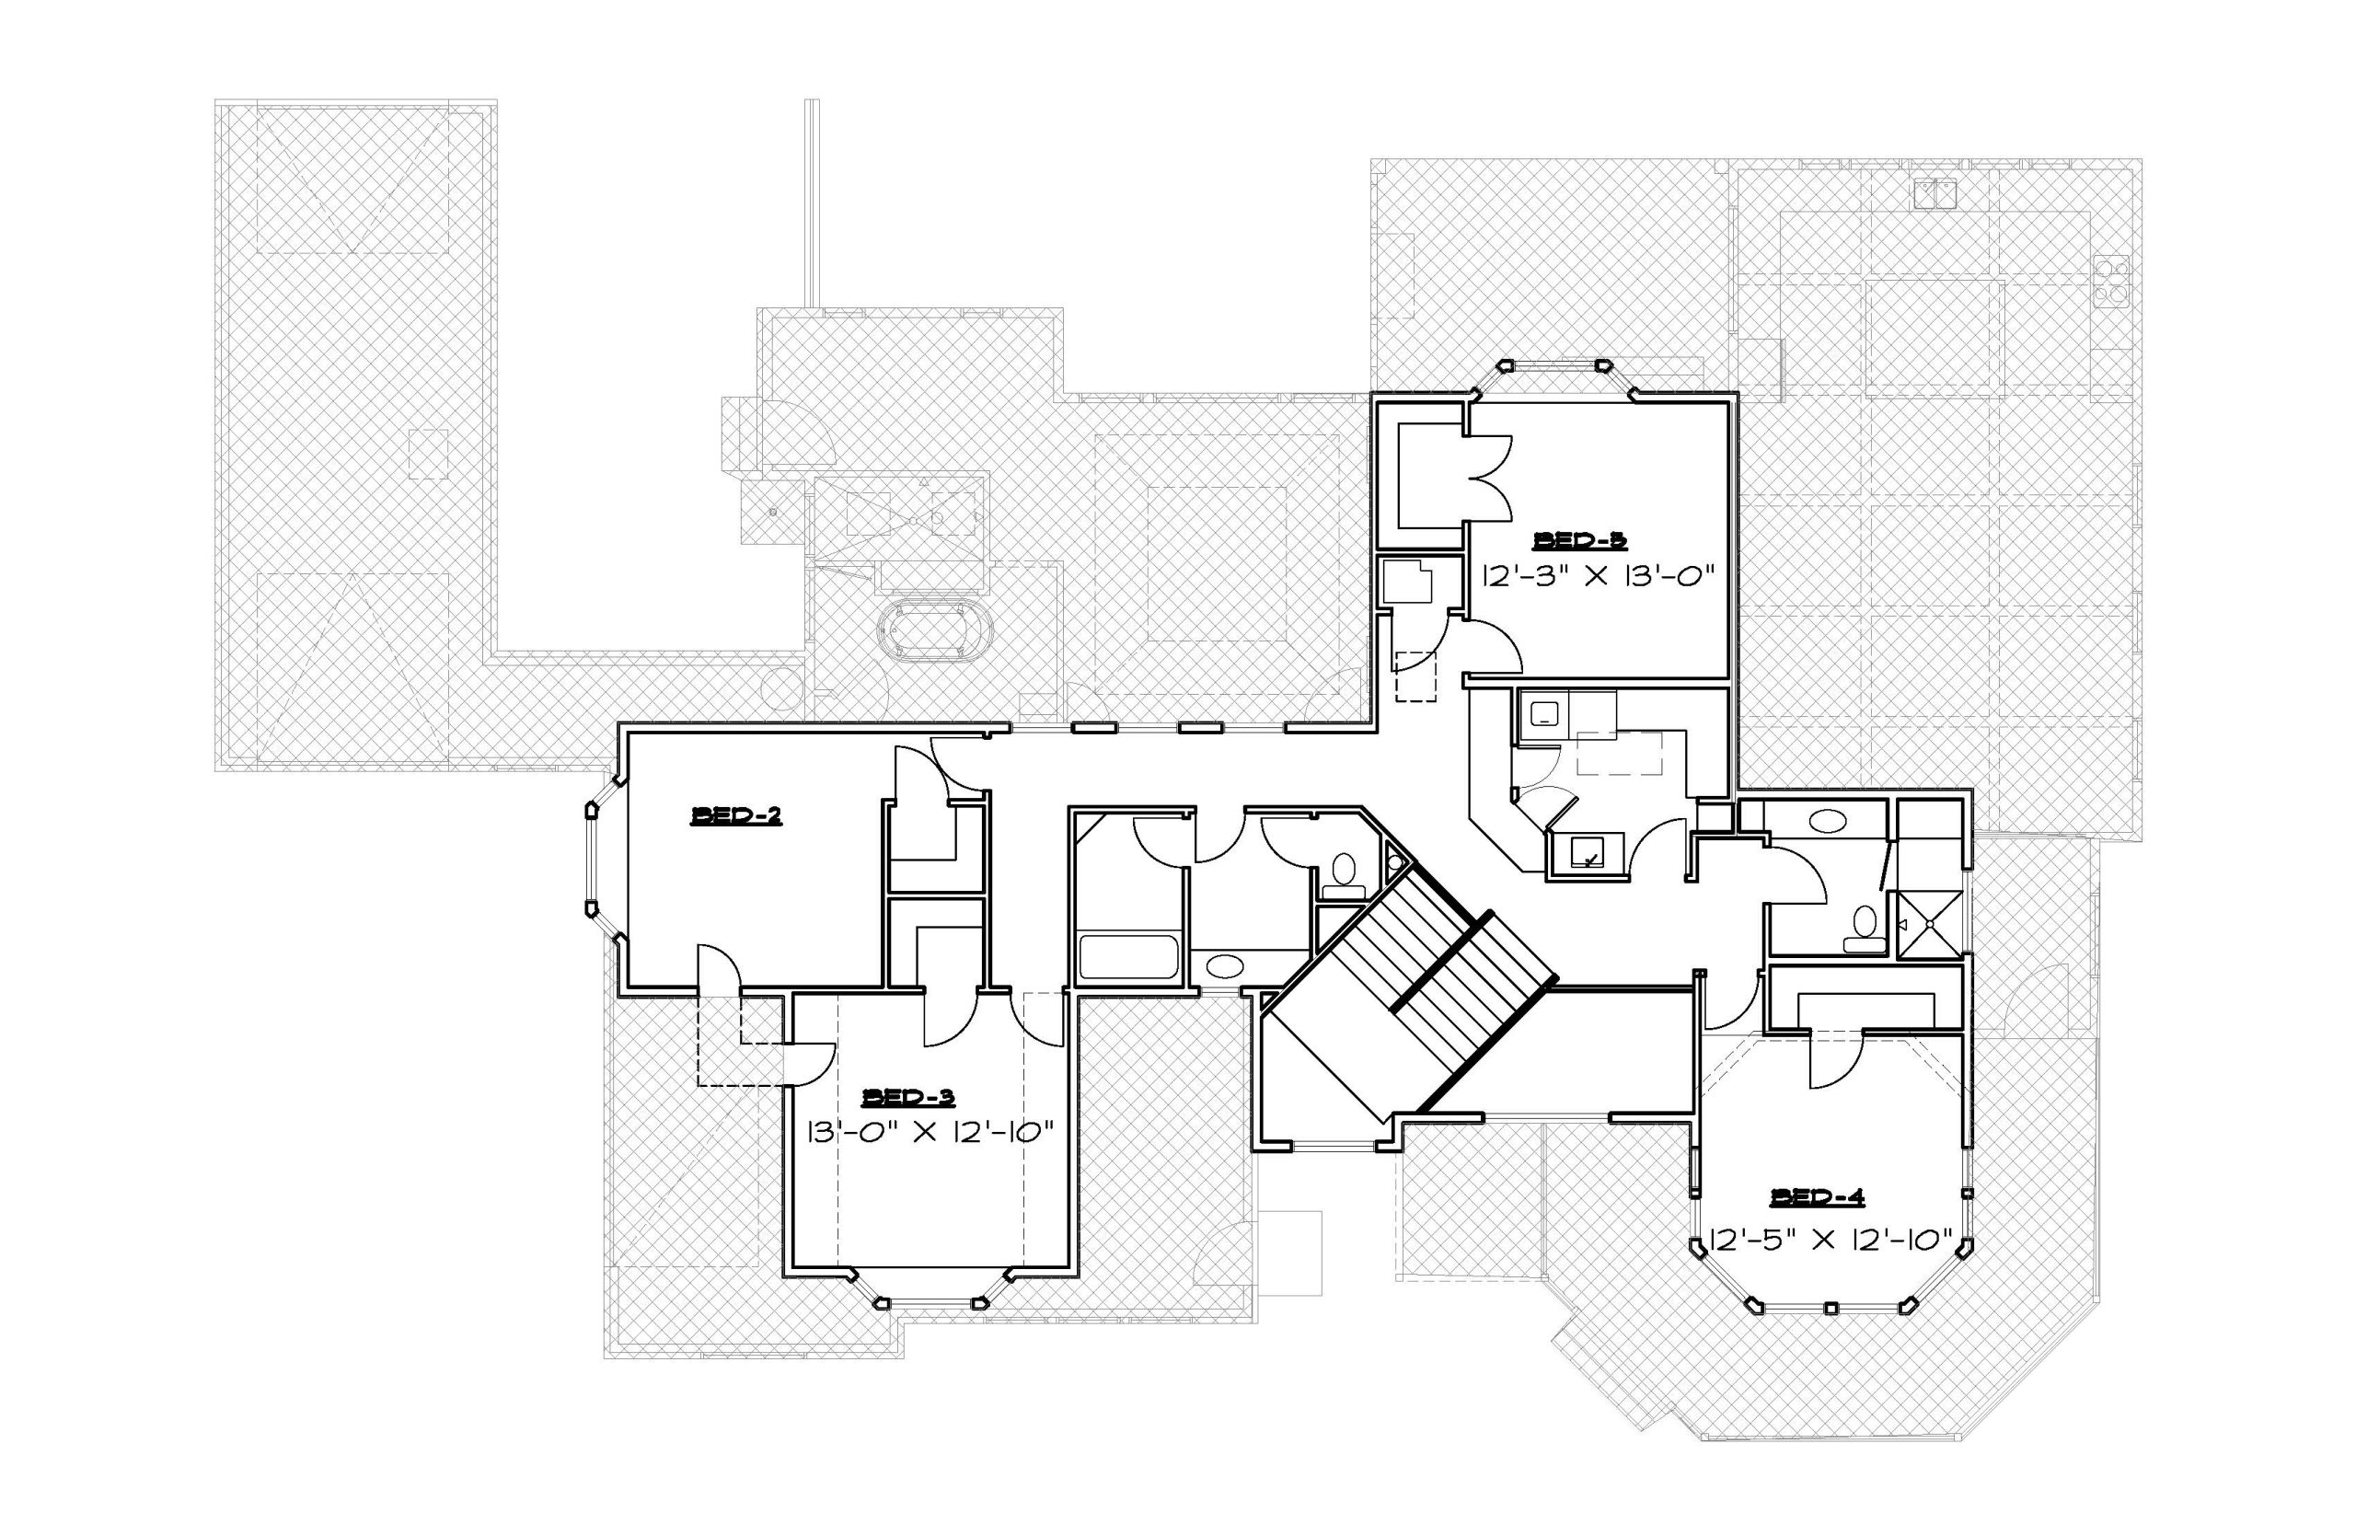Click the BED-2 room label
pyautogui.click(x=736, y=816)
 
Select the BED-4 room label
pyautogui.click(x=1818, y=1197)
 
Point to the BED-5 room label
pyautogui.click(x=1580, y=540)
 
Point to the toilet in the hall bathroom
pyautogui.click(x=1343, y=876)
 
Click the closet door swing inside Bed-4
pyautogui.click(x=1834, y=1061)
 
